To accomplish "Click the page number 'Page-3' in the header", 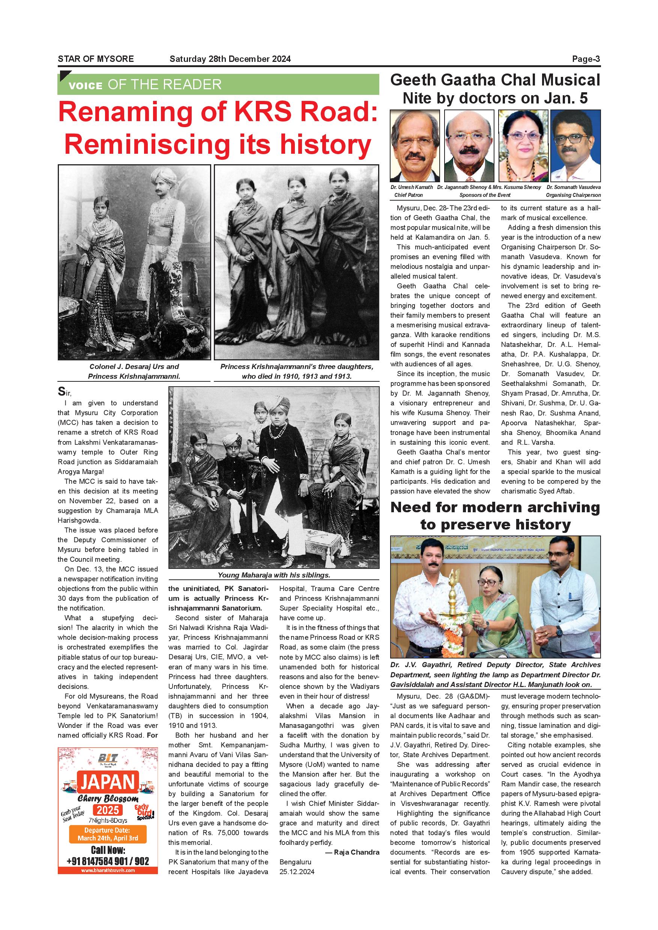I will tap(586, 59).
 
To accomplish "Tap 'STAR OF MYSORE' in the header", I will tap(96, 59).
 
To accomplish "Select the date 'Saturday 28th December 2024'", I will tap(230, 59).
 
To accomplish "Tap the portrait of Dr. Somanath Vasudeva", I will tap(575, 146).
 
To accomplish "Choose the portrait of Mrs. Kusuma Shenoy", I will tap(523, 146).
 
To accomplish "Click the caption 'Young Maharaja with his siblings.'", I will tap(274, 575).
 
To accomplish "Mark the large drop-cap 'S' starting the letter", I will tap(61, 391).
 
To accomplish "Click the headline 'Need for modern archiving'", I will tap(495, 507).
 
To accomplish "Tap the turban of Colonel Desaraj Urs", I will tap(163, 176).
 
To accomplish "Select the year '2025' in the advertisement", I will tap(108, 810).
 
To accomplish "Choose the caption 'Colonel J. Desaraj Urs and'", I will tap(134, 367).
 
